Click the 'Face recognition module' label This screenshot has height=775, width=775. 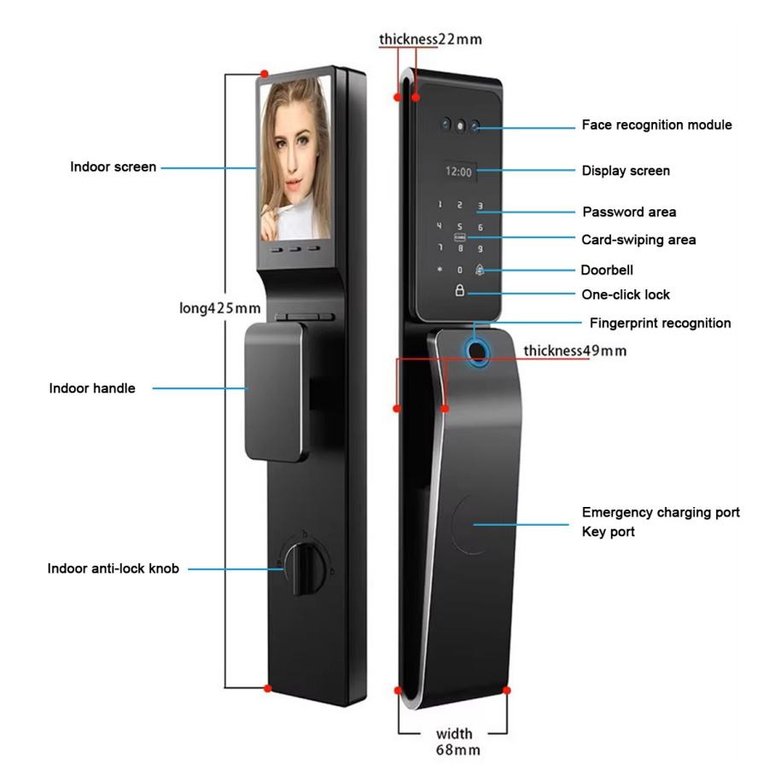click(x=656, y=125)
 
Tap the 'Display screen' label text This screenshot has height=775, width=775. click(x=626, y=171)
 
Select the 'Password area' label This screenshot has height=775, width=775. click(x=629, y=212)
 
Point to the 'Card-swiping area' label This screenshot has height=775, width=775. click(x=638, y=240)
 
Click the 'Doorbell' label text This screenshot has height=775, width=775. click(x=607, y=270)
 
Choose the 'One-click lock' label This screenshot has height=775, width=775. click(x=626, y=294)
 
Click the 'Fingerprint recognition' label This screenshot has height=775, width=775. click(x=660, y=323)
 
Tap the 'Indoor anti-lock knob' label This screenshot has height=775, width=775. click(x=114, y=568)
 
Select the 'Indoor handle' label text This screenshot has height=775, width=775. click(x=92, y=388)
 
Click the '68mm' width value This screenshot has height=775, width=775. click(x=458, y=750)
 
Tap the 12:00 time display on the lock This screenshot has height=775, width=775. click(x=458, y=172)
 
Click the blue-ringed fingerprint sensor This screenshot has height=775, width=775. click(x=477, y=351)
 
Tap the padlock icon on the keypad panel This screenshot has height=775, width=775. click(x=460, y=291)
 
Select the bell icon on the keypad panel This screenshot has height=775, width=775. click(x=481, y=270)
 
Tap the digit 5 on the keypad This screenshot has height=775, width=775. click(x=460, y=227)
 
